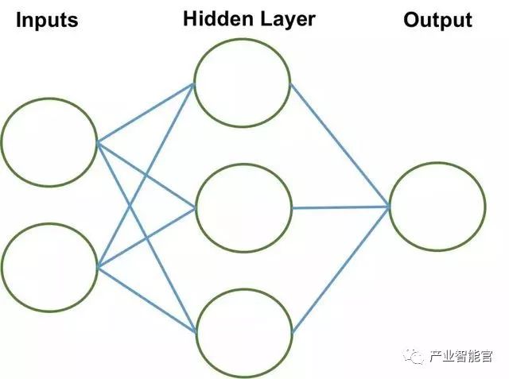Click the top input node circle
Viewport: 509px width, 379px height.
pos(49,142)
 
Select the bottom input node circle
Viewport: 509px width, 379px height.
pos(49,267)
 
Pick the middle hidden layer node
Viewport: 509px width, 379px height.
pos(243,208)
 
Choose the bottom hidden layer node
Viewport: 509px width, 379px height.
pos(243,331)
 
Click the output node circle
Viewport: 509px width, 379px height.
pos(437,206)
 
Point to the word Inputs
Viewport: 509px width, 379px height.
pos(47,20)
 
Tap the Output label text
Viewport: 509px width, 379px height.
pos(437,20)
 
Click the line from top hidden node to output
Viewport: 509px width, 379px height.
pos(340,145)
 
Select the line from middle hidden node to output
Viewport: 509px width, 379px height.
pos(340,207)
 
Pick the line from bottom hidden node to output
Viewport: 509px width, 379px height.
pos(340,270)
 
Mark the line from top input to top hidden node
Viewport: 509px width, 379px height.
pos(146,113)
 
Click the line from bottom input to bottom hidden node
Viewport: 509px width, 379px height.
pos(146,300)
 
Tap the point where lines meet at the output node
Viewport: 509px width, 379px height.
pos(389,207)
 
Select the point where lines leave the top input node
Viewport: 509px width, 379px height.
pos(97,143)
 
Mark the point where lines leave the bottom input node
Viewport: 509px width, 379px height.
pos(97,268)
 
